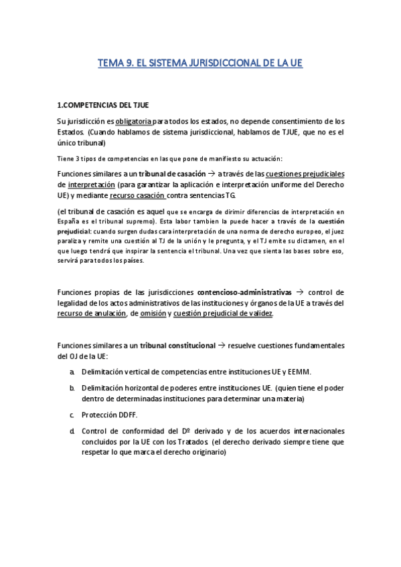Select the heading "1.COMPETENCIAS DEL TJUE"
(x=103, y=105)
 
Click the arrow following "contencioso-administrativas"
(x=299, y=292)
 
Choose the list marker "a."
(x=72, y=371)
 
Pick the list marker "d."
(x=72, y=431)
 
